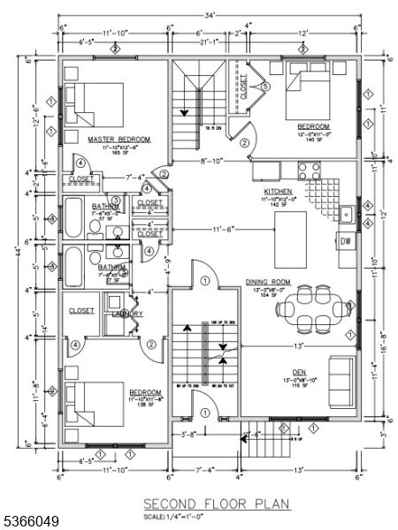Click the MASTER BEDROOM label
[119, 140]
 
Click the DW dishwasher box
[346, 240]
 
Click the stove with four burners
[310, 170]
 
